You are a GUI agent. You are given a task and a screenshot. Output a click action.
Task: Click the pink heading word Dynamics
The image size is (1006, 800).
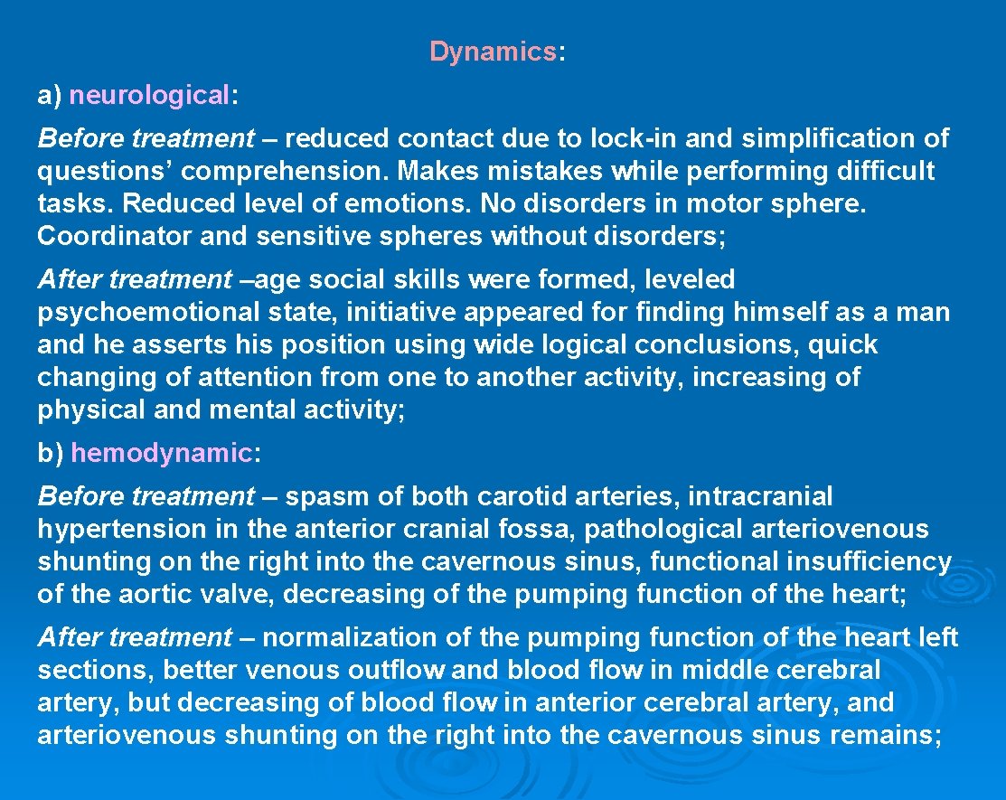[x=493, y=52]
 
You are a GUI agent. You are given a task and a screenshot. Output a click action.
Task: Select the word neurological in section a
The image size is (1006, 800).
[x=150, y=96]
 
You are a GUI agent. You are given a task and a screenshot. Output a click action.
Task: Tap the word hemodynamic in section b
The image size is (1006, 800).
[x=161, y=453]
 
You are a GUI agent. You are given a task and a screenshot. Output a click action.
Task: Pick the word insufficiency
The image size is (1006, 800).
[x=869, y=561]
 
